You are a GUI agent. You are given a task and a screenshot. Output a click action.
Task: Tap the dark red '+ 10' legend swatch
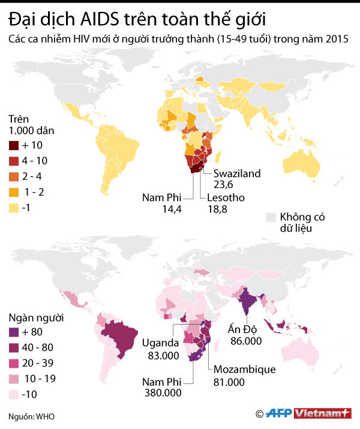coord(14,145)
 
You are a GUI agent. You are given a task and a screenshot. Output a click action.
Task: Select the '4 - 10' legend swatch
coord(14,161)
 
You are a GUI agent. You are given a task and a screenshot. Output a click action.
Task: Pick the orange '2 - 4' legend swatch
coord(14,176)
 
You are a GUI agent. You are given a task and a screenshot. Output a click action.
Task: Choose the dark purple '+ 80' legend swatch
coord(14,331)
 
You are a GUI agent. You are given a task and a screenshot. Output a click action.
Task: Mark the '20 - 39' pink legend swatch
coord(14,362)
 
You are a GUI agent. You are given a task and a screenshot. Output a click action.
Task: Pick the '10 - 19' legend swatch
coord(14,377)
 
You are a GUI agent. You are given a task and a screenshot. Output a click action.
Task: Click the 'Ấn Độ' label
coord(242,329)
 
